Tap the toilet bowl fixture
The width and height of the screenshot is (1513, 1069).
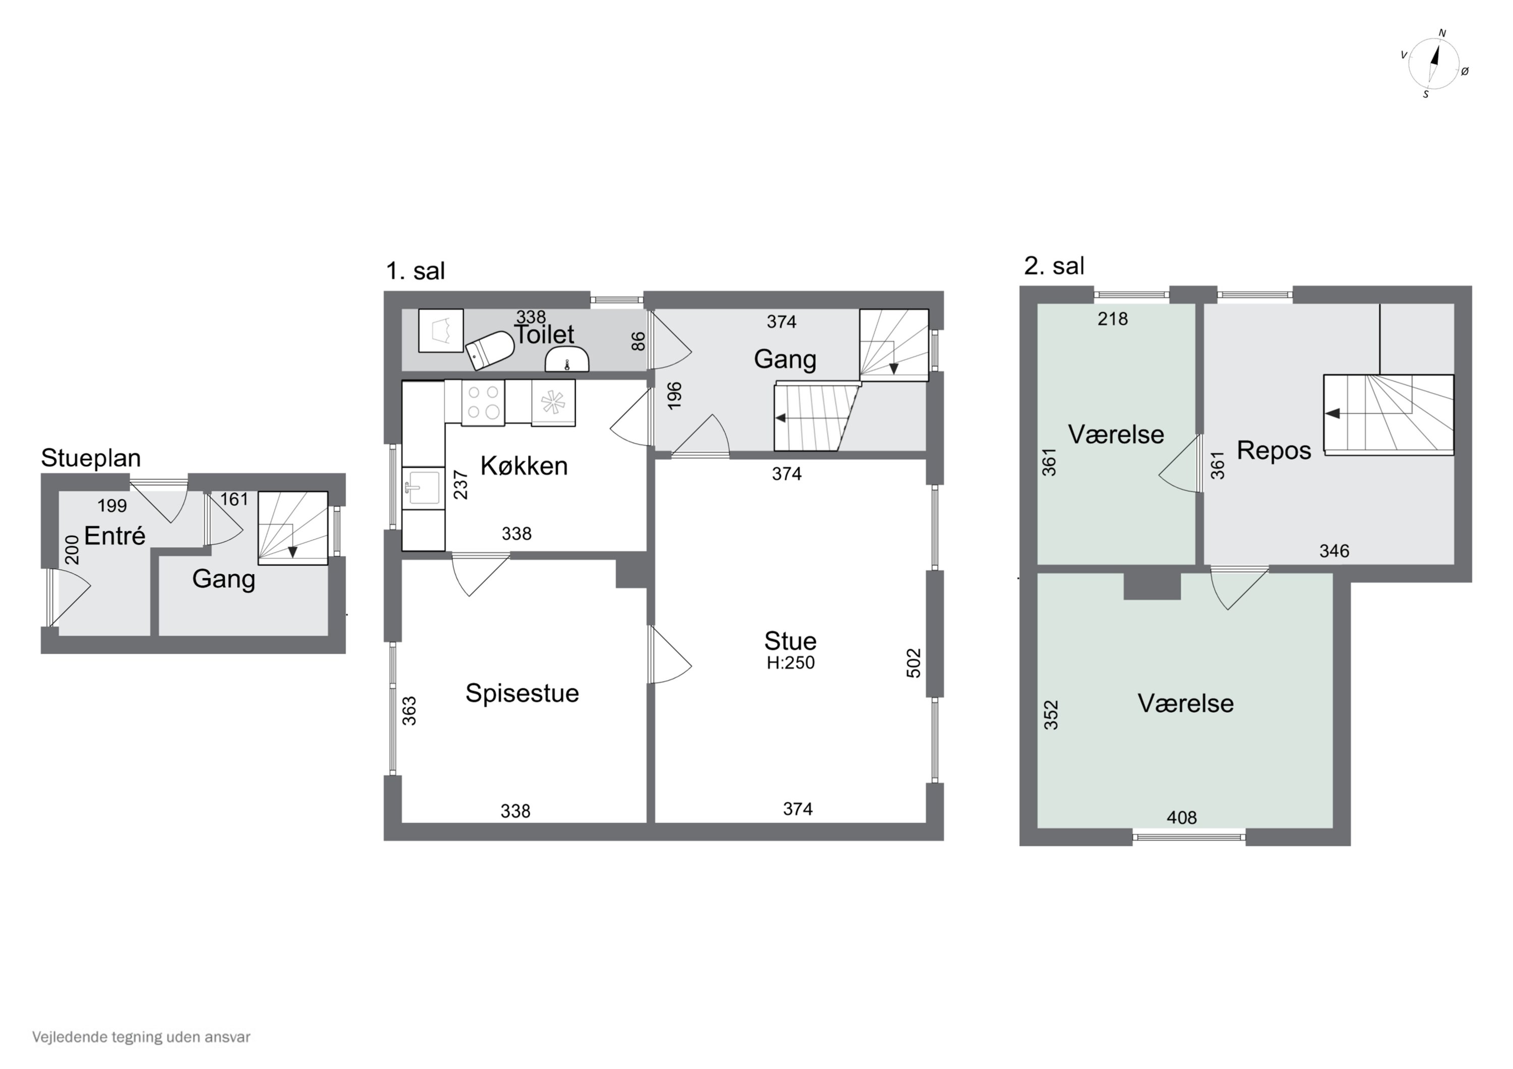pyautogui.click(x=490, y=349)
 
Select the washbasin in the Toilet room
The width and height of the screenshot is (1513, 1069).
pyautogui.click(x=567, y=360)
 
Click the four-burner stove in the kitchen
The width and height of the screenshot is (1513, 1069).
pyautogui.click(x=483, y=402)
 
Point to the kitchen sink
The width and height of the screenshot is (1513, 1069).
pyautogui.click(x=423, y=487)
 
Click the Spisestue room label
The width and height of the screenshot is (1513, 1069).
pyautogui.click(x=522, y=693)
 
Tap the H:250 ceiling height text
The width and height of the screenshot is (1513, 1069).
pyautogui.click(x=791, y=663)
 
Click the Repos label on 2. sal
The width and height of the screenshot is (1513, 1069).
pyautogui.click(x=1274, y=451)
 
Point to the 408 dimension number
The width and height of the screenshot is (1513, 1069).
pyautogui.click(x=1182, y=818)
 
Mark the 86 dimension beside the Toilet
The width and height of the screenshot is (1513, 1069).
pyautogui.click(x=638, y=341)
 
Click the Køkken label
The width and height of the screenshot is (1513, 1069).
pyautogui.click(x=524, y=466)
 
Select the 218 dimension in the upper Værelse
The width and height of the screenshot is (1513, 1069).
pyautogui.click(x=1113, y=320)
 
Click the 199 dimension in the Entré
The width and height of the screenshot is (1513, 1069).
pyautogui.click(x=112, y=506)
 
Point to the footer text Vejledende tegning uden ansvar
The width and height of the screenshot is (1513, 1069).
pyautogui.click(x=141, y=1037)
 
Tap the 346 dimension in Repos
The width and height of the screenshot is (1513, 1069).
pyautogui.click(x=1334, y=551)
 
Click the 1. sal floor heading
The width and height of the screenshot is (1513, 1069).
pyautogui.click(x=415, y=271)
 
